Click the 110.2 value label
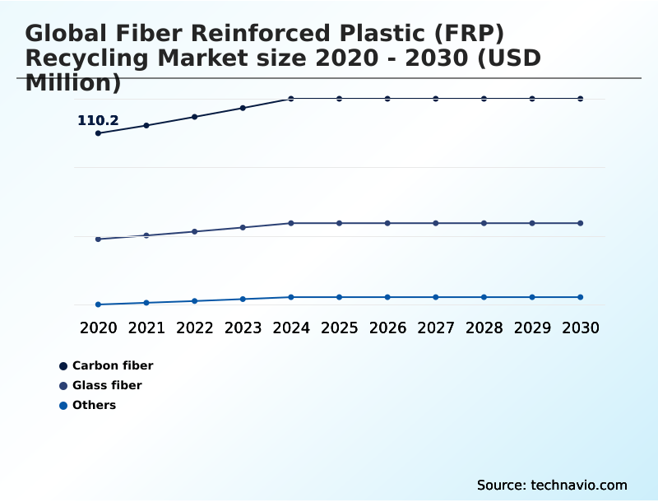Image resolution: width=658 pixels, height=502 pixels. [98, 121]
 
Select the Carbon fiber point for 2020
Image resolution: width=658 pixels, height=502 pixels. [99, 133]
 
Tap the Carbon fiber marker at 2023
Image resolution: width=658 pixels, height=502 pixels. [243, 108]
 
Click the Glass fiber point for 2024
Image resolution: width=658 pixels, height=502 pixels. [291, 223]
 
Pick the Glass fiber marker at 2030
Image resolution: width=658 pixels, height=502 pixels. [581, 223]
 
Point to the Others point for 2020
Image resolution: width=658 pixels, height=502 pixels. [99, 304]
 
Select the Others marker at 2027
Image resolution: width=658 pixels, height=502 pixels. [436, 297]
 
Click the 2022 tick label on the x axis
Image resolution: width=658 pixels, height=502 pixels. [195, 328]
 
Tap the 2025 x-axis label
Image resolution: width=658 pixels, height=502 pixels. [340, 328]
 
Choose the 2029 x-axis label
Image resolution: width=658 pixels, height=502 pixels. [532, 328]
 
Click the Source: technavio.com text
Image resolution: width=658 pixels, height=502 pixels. [552, 485]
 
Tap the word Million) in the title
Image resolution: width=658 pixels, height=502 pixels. [73, 82]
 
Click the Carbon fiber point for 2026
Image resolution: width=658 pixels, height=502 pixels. [387, 99]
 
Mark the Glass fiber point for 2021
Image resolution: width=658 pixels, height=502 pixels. [146, 235]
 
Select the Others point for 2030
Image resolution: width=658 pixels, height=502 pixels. [581, 297]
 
